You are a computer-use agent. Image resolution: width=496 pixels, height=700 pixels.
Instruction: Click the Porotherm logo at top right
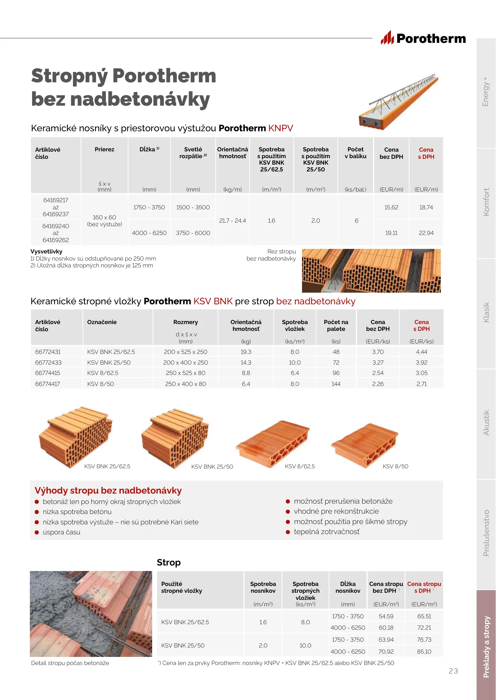[x=423, y=39]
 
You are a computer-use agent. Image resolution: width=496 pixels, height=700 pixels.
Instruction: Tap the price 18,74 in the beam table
[x=426, y=207]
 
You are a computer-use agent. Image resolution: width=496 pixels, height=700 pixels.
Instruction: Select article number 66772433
[x=48, y=363]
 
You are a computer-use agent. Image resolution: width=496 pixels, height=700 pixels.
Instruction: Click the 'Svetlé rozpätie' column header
[x=193, y=153]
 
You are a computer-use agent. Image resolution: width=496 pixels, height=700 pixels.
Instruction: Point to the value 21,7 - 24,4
[x=233, y=221]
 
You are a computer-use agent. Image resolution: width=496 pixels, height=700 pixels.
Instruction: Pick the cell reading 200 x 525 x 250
[x=186, y=352]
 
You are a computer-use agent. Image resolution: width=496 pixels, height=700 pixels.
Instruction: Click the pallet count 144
[x=336, y=384]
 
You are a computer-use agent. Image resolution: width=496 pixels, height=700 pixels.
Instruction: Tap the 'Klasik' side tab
[x=486, y=312]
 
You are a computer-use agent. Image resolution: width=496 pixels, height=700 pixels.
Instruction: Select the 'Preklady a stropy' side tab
[x=486, y=647]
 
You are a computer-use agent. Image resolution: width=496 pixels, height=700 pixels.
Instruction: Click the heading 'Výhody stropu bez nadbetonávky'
[x=108, y=491]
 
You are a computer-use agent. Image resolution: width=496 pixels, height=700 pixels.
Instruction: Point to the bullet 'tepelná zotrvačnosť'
[x=327, y=532]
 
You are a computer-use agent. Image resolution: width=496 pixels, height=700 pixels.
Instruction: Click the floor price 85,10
[x=424, y=652]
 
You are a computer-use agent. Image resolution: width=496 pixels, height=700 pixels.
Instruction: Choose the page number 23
[x=453, y=671]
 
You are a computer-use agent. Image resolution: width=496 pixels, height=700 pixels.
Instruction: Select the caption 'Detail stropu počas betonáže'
[x=70, y=663]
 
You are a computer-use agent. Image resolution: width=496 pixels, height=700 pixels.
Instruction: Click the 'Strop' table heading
[x=169, y=563]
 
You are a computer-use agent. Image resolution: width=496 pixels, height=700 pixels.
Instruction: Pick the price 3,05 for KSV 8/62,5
[x=421, y=373]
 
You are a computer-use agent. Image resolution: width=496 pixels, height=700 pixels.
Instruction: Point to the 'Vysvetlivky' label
[x=46, y=251]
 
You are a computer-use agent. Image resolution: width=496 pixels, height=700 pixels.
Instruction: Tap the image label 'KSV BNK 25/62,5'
[x=107, y=466]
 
